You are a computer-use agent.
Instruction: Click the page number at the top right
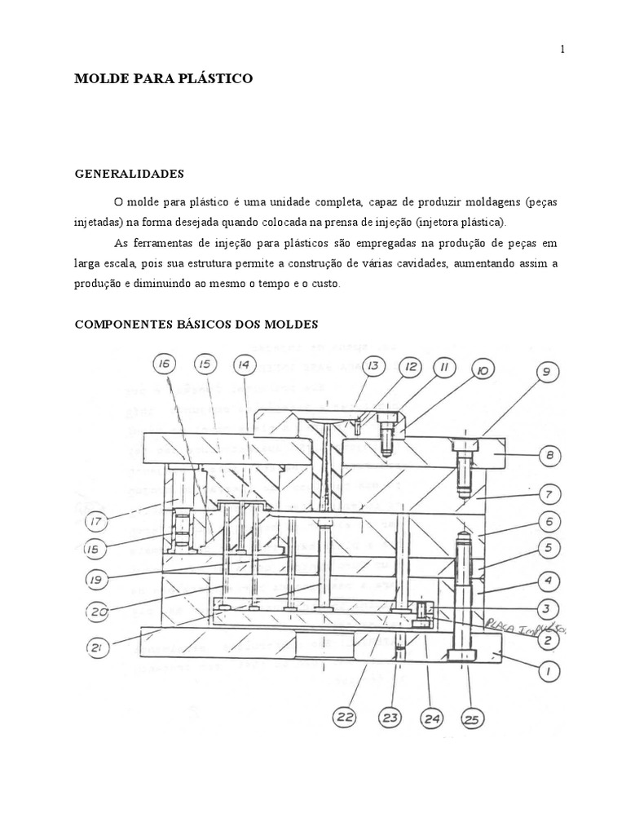pyautogui.click(x=562, y=50)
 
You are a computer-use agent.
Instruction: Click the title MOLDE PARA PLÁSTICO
pyautogui.click(x=164, y=79)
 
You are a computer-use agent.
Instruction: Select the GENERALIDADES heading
pyautogui.click(x=130, y=174)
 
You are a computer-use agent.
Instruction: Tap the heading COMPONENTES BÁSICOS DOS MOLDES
pyautogui.click(x=196, y=325)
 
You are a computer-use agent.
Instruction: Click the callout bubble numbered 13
pyautogui.click(x=373, y=367)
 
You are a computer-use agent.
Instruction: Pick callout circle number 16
pyautogui.click(x=164, y=364)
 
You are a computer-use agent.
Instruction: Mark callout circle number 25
pyautogui.click(x=471, y=718)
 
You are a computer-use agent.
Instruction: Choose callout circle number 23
pyautogui.click(x=390, y=718)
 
